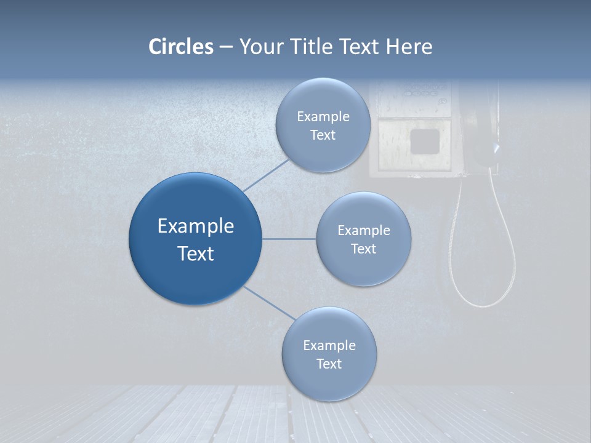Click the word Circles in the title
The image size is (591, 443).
click(180, 47)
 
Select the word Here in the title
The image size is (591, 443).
click(409, 47)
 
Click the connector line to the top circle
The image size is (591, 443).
click(266, 175)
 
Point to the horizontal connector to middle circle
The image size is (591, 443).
click(289, 239)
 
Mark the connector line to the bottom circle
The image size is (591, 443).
click(270, 303)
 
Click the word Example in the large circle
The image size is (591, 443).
click(195, 226)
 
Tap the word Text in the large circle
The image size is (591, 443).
click(195, 253)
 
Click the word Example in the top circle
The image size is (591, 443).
click(323, 117)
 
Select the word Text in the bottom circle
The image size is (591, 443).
click(329, 364)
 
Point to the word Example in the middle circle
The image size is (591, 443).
click(363, 231)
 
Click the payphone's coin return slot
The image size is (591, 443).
click(424, 141)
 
